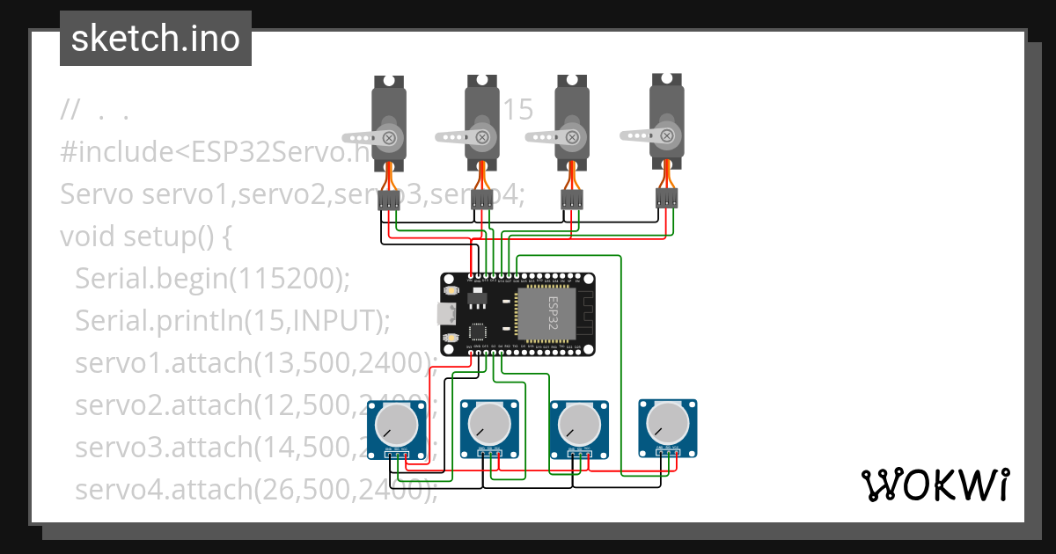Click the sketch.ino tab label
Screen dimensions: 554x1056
tap(155, 39)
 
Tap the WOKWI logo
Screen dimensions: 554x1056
tap(935, 485)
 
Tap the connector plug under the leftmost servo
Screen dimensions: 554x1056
tap(389, 202)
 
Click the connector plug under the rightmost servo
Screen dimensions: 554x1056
tap(667, 198)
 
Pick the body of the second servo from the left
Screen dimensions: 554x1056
tap(482, 123)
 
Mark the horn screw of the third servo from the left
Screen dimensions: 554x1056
tap(573, 137)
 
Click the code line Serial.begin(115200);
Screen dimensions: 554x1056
tap(212, 279)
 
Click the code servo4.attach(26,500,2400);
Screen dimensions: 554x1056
tap(255, 489)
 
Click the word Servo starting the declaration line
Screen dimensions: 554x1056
tap(97, 194)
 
